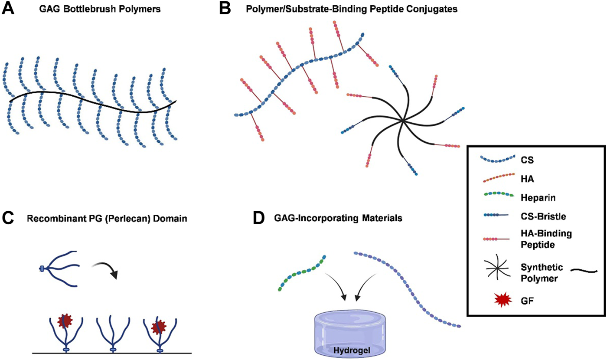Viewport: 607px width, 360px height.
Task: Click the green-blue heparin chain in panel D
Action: click(302, 274)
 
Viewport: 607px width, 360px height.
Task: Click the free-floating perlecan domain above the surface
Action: click(59, 268)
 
